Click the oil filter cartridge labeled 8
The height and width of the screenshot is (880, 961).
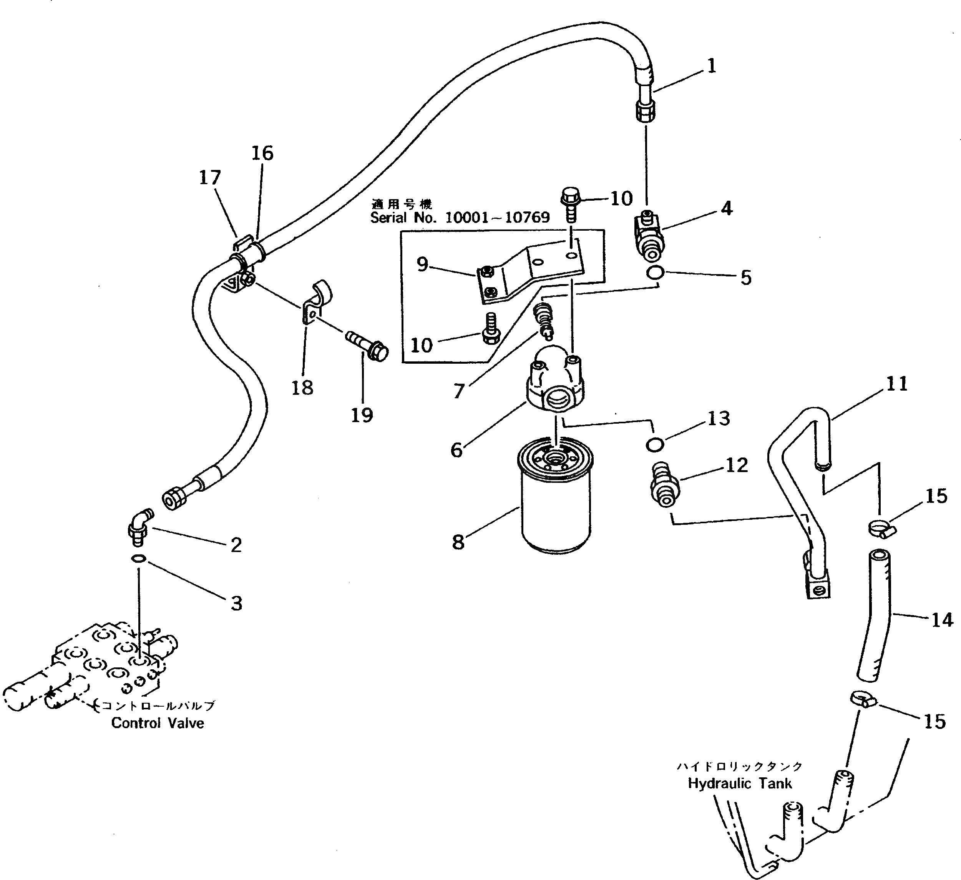[555, 496]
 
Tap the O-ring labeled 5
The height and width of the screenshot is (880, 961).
[656, 273]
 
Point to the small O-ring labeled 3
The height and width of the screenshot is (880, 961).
[139, 559]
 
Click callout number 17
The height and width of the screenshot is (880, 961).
[210, 178]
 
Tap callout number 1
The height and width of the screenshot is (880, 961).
[711, 66]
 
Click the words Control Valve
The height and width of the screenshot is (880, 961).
[158, 723]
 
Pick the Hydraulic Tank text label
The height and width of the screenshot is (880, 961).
[740, 783]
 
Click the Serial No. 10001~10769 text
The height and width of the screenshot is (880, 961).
[460, 218]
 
